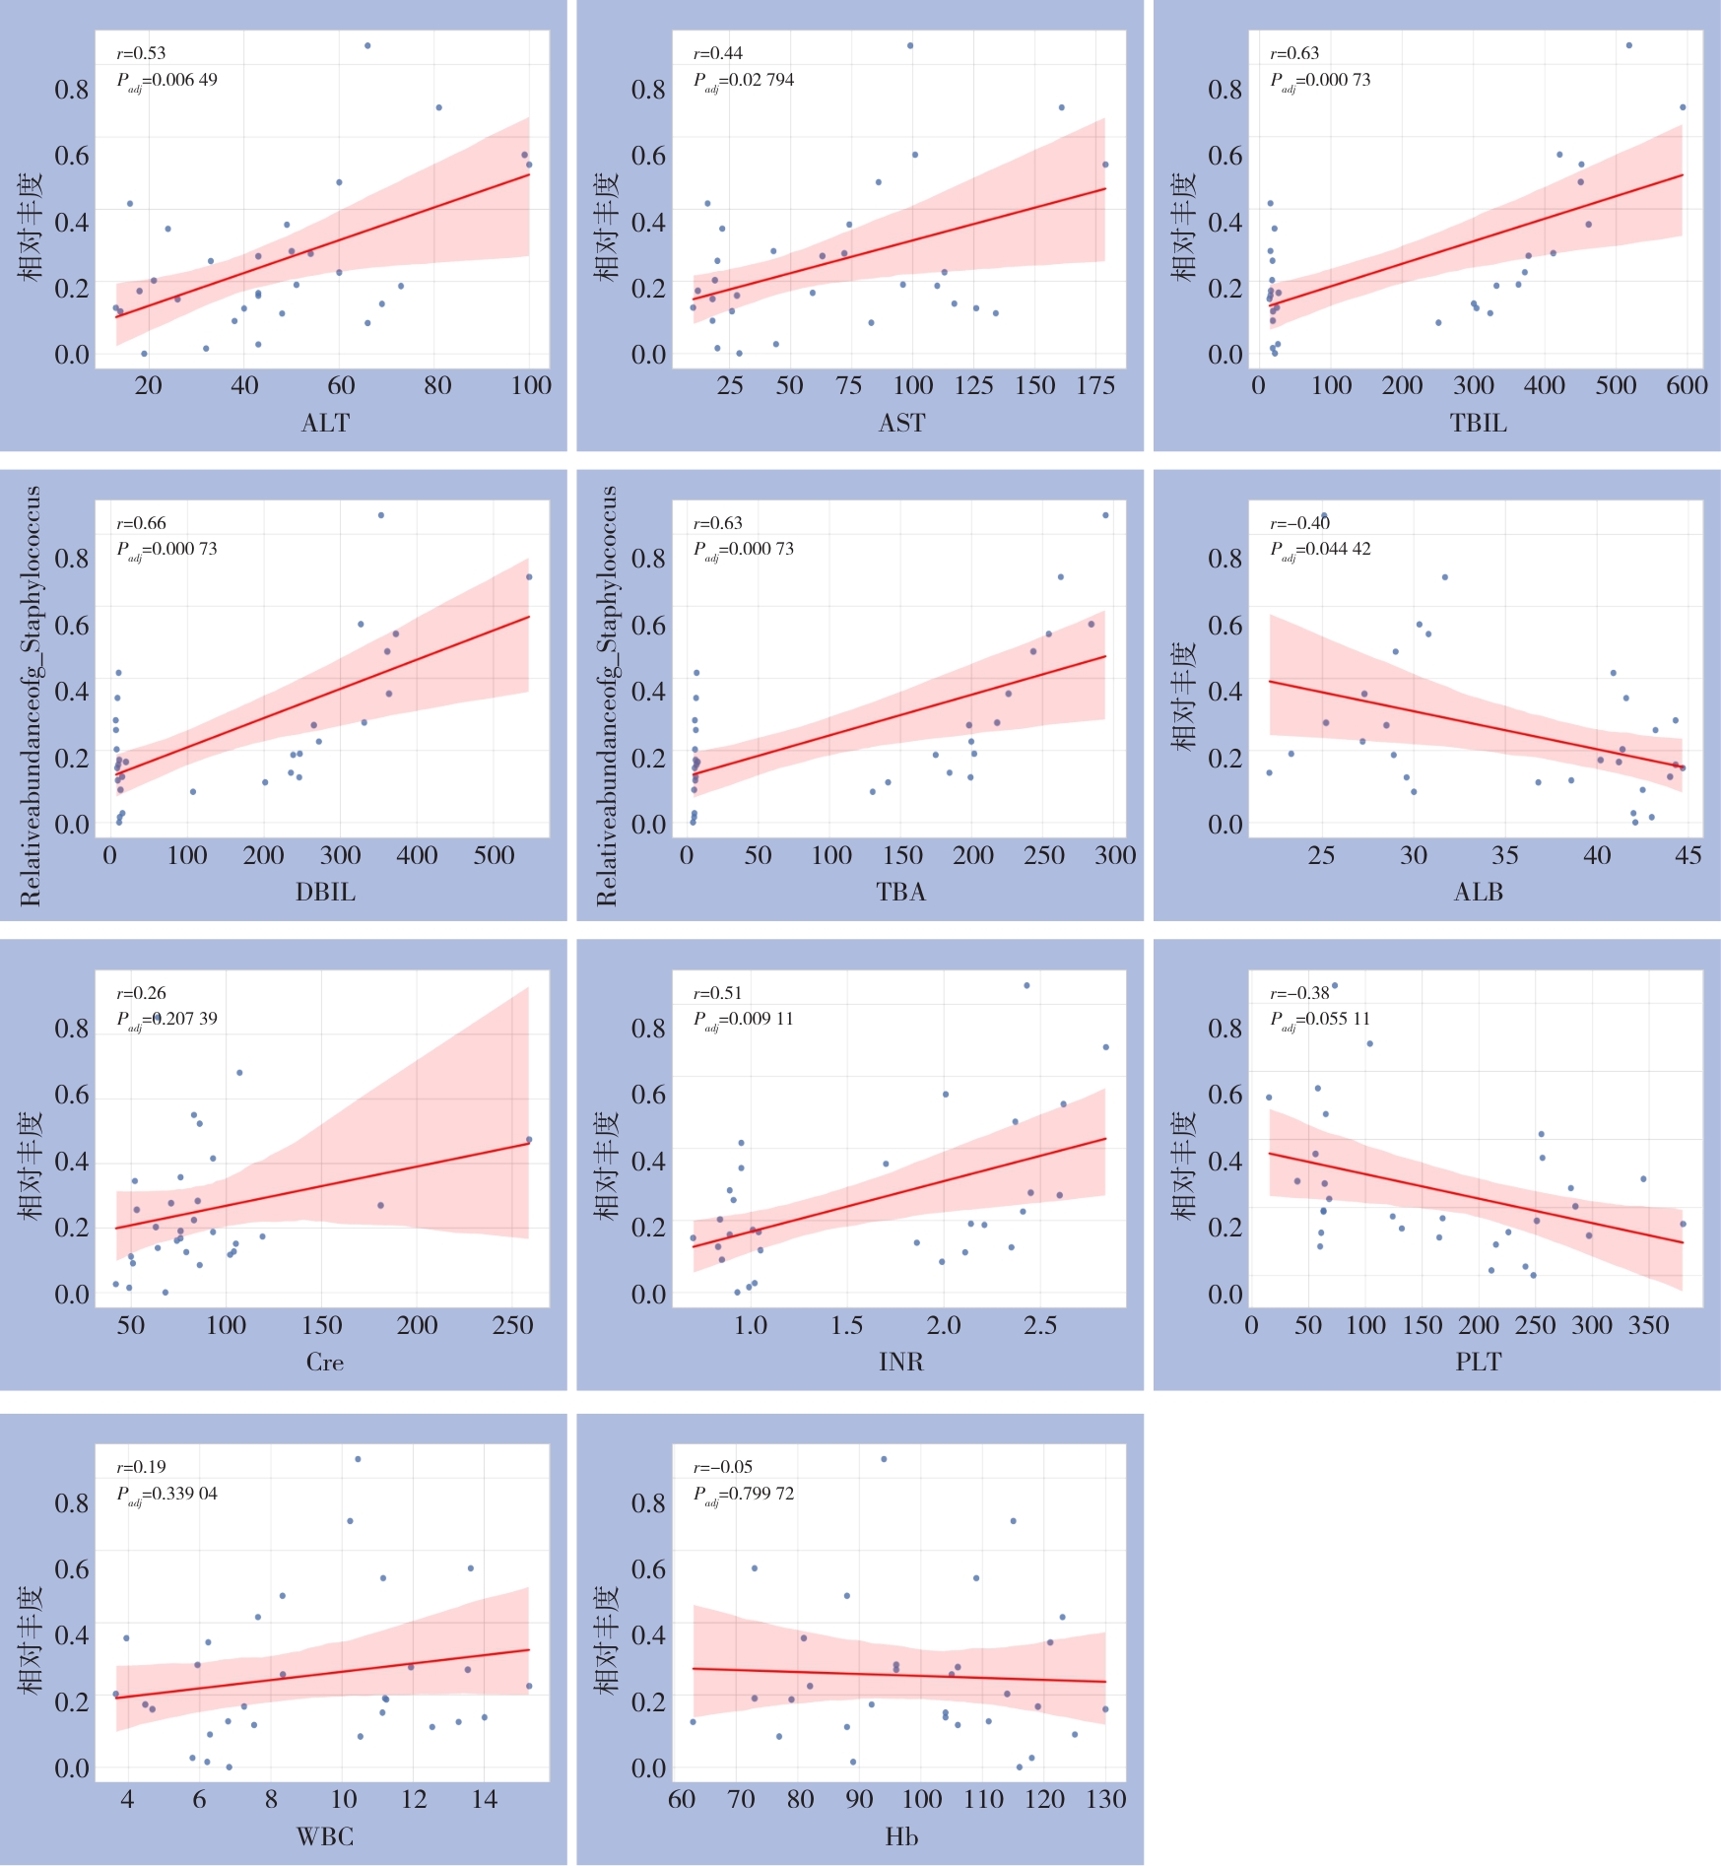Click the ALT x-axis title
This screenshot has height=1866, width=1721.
tap(325, 423)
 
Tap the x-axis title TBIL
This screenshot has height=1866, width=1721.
tap(1478, 423)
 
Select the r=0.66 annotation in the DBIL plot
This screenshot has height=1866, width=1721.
tap(142, 523)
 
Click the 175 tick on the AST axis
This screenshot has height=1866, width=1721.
tap(1095, 385)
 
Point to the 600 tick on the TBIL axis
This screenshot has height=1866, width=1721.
tap(1687, 385)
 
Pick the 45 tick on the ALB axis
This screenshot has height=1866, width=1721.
tap(1688, 855)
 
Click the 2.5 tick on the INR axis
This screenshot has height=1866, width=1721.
tap(1040, 1325)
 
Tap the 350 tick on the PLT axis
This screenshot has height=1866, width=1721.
tap(1648, 1325)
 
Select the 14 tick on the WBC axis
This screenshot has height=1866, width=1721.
tap(484, 1800)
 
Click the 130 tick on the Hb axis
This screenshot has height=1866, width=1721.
tap(1105, 1800)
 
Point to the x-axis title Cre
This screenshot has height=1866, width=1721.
tap(325, 1362)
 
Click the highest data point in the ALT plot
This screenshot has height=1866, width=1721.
tap(367, 45)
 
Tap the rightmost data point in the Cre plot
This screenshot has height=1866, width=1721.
tap(529, 1140)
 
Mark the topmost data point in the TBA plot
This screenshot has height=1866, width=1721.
tap(1105, 515)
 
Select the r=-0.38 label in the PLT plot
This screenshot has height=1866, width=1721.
tap(1299, 993)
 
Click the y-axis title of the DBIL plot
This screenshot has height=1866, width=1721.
tap(31, 696)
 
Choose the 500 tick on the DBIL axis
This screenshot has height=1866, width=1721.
tap(494, 855)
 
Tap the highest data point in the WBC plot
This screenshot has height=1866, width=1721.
tap(358, 1459)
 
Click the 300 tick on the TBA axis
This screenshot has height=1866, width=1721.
tap(1115, 855)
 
